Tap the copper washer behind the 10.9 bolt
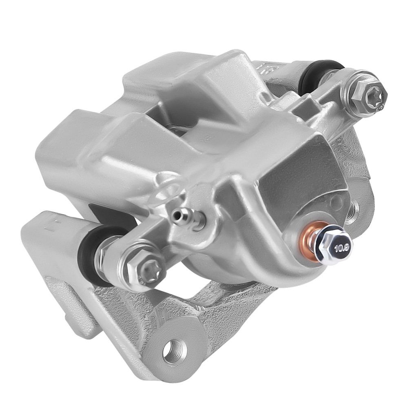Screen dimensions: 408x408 tap(310, 241)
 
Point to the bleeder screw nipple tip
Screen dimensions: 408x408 tap(175, 214)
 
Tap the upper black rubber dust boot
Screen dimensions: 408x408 tap(316, 76)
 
